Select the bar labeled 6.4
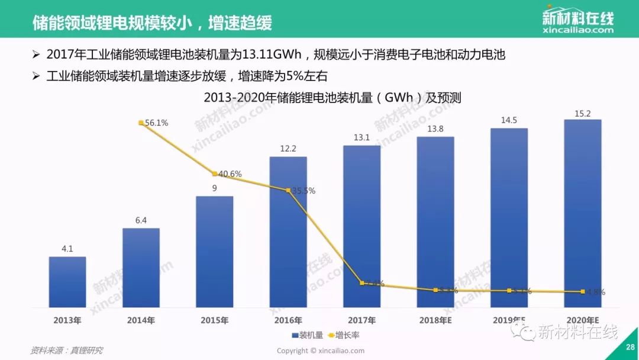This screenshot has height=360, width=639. click(141, 268)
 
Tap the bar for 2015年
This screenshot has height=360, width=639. click(214, 252)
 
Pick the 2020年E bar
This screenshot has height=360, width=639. click(583, 213)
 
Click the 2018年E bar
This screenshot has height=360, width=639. click(435, 222)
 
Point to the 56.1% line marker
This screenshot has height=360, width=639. click(141, 123)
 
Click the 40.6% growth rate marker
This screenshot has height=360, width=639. click(214, 174)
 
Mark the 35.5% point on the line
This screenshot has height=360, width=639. click(288, 191)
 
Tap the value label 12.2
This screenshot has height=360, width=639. click(288, 149)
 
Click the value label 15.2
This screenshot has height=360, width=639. click(583, 112)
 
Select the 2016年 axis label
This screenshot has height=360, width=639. click(288, 320)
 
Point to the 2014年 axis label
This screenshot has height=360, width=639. click(141, 320)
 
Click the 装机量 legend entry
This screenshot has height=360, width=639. click(308, 335)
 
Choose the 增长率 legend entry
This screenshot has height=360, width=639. click(344, 335)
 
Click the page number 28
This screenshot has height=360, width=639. click(630, 348)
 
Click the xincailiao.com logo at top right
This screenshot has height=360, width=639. click(577, 21)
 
